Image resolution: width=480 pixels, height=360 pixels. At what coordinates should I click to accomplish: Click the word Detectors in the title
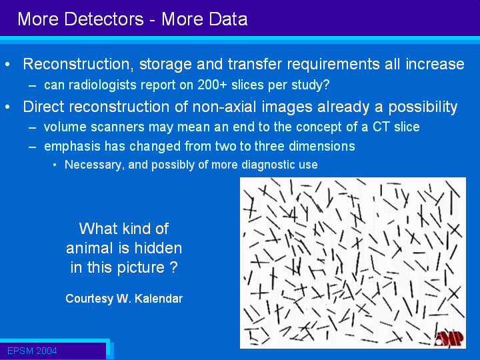point(104,19)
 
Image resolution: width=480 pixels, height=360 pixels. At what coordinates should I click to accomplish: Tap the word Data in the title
point(229,19)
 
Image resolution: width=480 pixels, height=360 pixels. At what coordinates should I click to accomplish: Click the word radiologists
point(103,85)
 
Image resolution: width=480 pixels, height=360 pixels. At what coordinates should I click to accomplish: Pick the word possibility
point(423,107)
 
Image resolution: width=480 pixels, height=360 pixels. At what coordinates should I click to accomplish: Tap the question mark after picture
point(173,267)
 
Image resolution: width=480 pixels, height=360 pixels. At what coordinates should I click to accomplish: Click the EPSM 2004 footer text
point(32,351)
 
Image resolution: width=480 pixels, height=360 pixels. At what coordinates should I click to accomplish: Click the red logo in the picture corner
point(449,339)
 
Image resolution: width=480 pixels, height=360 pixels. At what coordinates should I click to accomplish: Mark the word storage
point(165,65)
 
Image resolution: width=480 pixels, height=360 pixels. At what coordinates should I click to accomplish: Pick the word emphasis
point(72,146)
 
